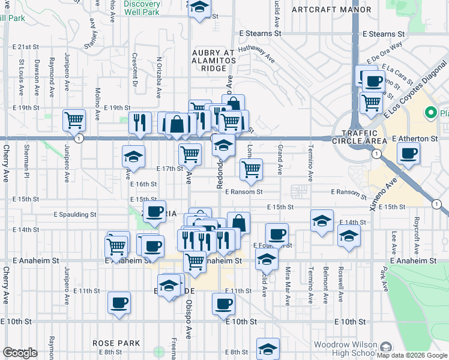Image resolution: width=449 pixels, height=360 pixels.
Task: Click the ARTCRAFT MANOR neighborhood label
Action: tap(331, 10)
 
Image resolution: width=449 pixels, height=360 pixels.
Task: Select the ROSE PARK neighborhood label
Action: tap(116, 343)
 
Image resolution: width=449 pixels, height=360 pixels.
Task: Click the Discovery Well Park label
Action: tap(142, 8)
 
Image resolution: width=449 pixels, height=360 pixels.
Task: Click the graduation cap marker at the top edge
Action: tap(200, 9)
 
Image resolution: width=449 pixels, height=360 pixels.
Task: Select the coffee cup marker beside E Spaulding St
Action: tap(155, 212)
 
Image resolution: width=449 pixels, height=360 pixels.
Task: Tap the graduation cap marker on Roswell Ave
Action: tap(349, 235)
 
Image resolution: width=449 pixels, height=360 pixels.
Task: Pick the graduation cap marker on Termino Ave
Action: tap(322, 220)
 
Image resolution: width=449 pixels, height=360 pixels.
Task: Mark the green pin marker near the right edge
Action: tap(430, 112)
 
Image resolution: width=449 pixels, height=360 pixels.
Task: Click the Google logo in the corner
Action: tap(20, 353)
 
